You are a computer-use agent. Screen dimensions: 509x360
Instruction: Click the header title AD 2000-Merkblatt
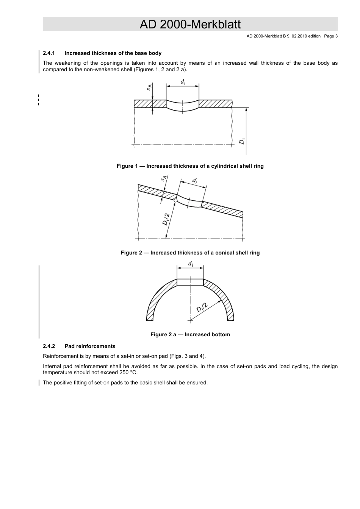190,24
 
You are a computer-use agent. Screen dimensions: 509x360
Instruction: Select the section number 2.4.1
49,53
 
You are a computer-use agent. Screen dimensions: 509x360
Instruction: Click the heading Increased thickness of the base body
113,53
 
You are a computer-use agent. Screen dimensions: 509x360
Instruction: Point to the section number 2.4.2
49,347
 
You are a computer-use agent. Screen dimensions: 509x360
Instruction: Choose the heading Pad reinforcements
90,347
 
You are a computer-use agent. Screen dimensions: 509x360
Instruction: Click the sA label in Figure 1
149,87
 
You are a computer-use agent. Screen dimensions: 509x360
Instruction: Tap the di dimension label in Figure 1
183,82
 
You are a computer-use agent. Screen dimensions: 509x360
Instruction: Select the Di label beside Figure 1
242,141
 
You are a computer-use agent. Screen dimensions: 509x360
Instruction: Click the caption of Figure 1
190,166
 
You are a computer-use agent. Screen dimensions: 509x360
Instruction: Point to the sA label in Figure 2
164,178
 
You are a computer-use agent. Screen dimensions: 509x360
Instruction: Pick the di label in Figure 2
194,181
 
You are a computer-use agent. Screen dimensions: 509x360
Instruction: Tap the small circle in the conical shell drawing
175,200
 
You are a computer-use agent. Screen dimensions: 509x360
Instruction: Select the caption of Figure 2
190,253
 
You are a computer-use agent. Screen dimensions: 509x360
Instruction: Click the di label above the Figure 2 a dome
190,264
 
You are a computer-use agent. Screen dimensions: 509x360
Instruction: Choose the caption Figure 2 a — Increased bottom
190,335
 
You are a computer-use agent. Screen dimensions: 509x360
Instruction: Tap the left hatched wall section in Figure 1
150,104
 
